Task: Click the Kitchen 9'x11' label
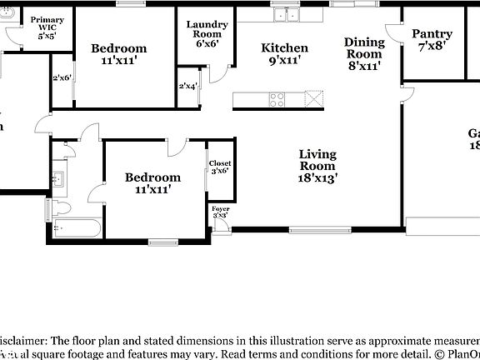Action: pyautogui.click(x=284, y=54)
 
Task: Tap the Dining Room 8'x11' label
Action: pyautogui.click(x=364, y=53)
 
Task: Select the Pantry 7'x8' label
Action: pyautogui.click(x=432, y=40)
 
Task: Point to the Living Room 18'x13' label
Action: pyautogui.click(x=317, y=166)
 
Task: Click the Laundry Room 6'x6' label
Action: pyautogui.click(x=203, y=34)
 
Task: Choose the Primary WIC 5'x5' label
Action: pyautogui.click(x=42, y=27)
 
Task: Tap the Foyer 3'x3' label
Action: pyautogui.click(x=220, y=212)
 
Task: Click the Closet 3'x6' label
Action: pyautogui.click(x=219, y=167)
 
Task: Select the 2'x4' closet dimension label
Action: pyautogui.click(x=188, y=87)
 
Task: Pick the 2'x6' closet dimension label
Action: pyautogui.click(x=62, y=78)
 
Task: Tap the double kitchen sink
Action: pyautogui.click(x=287, y=14)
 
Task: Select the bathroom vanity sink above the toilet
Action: pyautogui.click(x=57, y=177)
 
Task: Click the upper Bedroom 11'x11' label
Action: pyautogui.click(x=118, y=54)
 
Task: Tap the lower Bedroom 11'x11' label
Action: pyautogui.click(x=152, y=182)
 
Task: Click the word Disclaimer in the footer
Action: pyautogui.click(x=25, y=340)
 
